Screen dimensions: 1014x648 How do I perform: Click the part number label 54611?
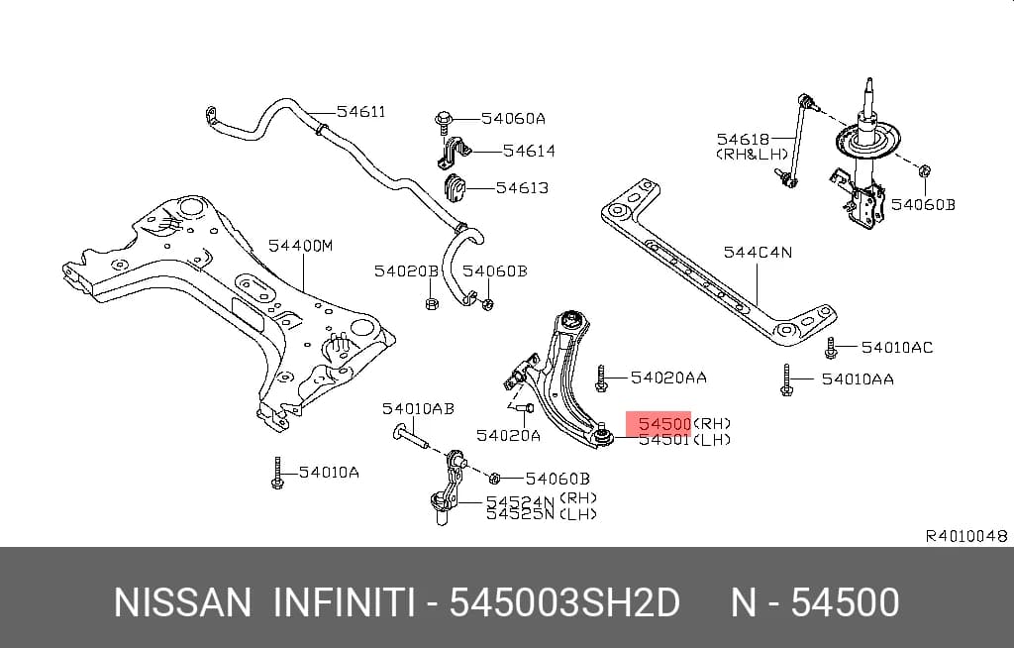(360, 111)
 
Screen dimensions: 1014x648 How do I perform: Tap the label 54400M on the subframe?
(301, 246)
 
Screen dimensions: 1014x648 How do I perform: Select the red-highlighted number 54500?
(664, 424)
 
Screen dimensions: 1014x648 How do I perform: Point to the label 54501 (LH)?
(685, 440)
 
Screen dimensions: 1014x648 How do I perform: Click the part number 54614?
(529, 151)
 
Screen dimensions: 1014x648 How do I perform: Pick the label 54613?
(523, 187)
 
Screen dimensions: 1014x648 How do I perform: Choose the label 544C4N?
(758, 252)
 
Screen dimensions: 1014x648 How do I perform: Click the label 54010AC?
(897, 347)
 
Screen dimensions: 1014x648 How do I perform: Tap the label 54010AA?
(858, 378)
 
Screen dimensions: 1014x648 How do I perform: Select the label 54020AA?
(668, 377)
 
